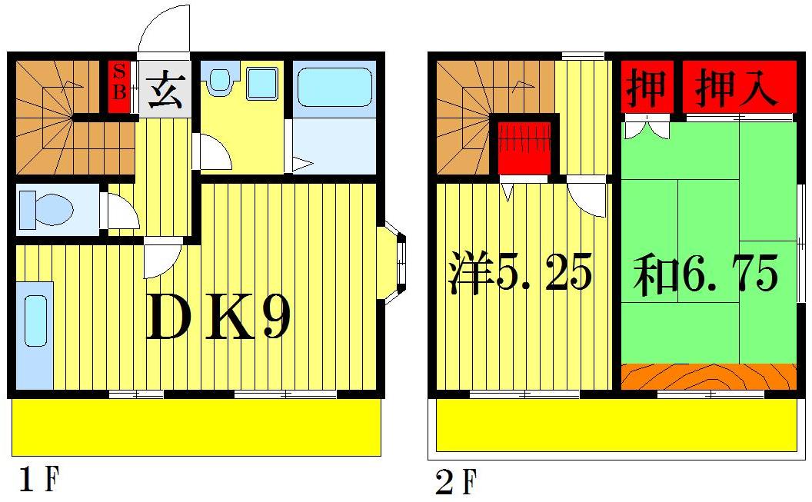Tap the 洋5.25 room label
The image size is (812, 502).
tap(521, 273)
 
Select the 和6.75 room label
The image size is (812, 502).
tap(705, 273)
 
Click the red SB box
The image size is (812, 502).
tap(120, 85)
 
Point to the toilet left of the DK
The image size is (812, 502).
tap(47, 208)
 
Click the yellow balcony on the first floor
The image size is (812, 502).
tap(196, 427)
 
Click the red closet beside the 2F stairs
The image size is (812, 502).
tap(525, 145)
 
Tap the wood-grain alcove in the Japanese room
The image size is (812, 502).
tap(707, 377)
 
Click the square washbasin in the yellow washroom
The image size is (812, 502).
tap(261, 82)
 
